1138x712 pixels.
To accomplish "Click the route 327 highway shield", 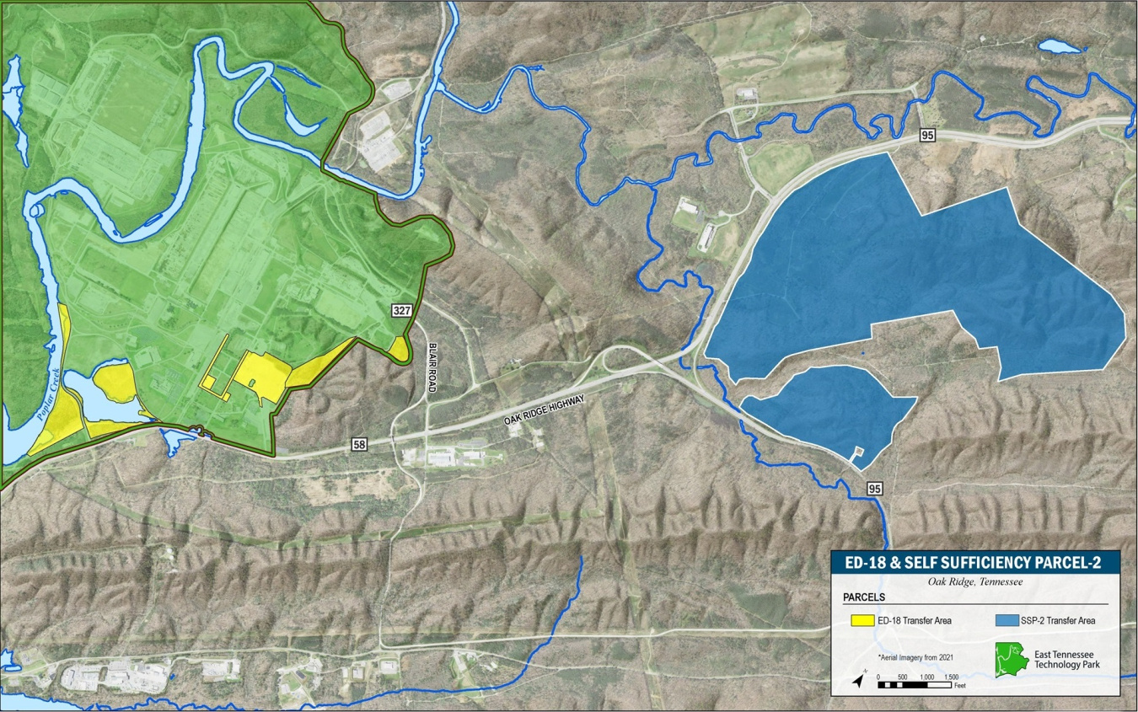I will click(x=402, y=311).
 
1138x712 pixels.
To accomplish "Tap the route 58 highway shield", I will click(x=360, y=444).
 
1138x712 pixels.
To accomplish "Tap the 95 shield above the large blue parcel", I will click(x=928, y=137).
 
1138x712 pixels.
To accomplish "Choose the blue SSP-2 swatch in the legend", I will click(x=1008, y=621).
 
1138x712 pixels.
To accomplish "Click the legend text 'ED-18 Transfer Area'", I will click(x=915, y=621).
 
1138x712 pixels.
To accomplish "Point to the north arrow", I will click(x=858, y=678).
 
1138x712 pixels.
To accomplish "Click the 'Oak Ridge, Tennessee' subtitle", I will click(x=974, y=581).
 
